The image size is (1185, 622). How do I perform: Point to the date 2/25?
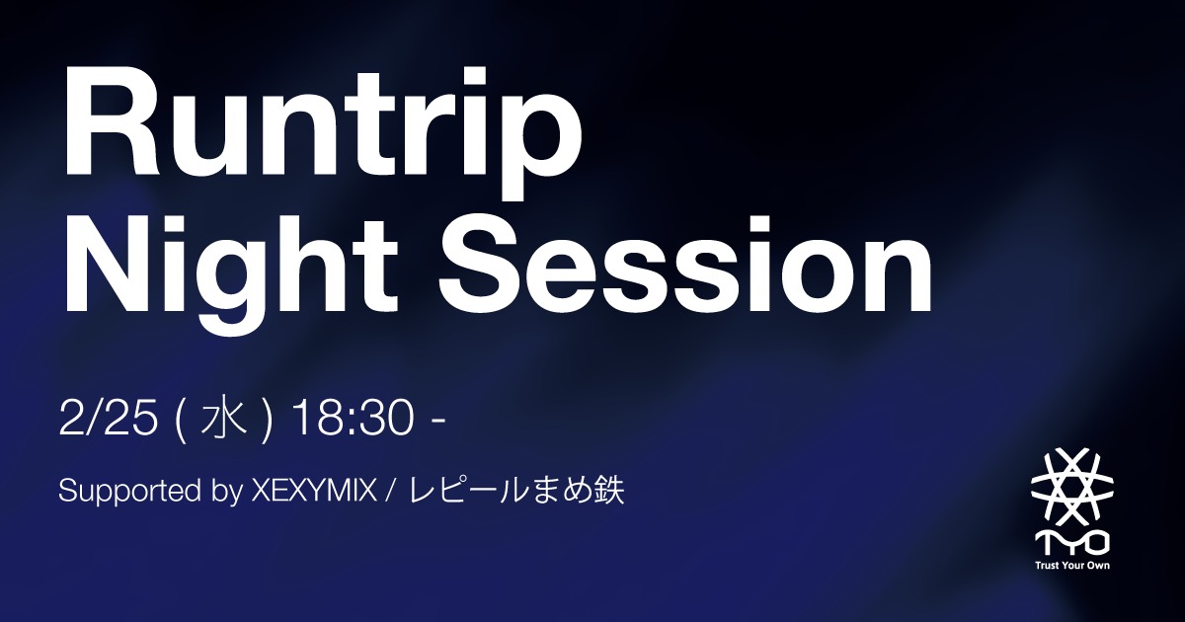pos(109,421)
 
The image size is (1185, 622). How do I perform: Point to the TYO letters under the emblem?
pos(1071,542)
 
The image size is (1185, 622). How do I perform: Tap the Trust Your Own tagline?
pos(1071,567)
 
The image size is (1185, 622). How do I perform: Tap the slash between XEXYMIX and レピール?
pos(393,491)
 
